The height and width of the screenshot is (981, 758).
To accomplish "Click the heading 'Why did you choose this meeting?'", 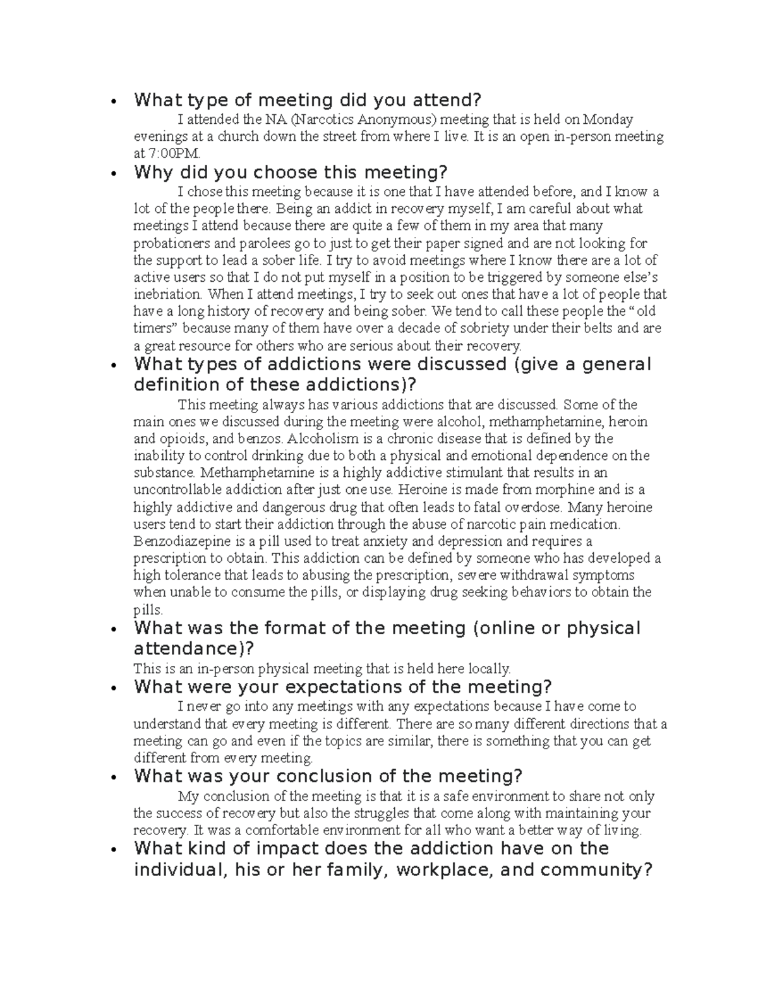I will [291, 172].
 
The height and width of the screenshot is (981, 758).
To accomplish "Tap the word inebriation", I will [168, 294].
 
